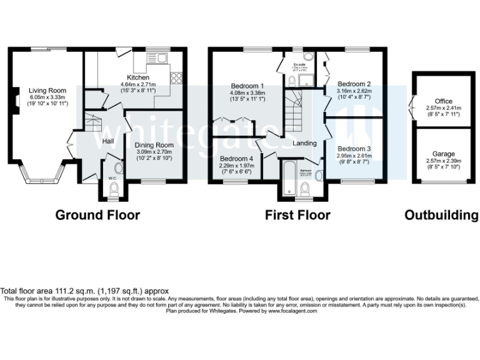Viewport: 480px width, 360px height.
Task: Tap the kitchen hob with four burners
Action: [x=176, y=78]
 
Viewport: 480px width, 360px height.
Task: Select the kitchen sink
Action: [x=159, y=59]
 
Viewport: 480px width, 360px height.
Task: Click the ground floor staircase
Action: [x=93, y=123]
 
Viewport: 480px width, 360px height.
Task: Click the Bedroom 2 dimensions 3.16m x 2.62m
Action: [x=354, y=94]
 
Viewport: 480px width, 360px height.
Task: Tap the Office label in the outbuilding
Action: [x=444, y=101]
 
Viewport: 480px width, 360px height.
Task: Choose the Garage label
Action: [x=444, y=154]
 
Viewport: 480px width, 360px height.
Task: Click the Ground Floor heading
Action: [x=97, y=216]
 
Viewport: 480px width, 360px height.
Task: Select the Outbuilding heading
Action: [x=441, y=216]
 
